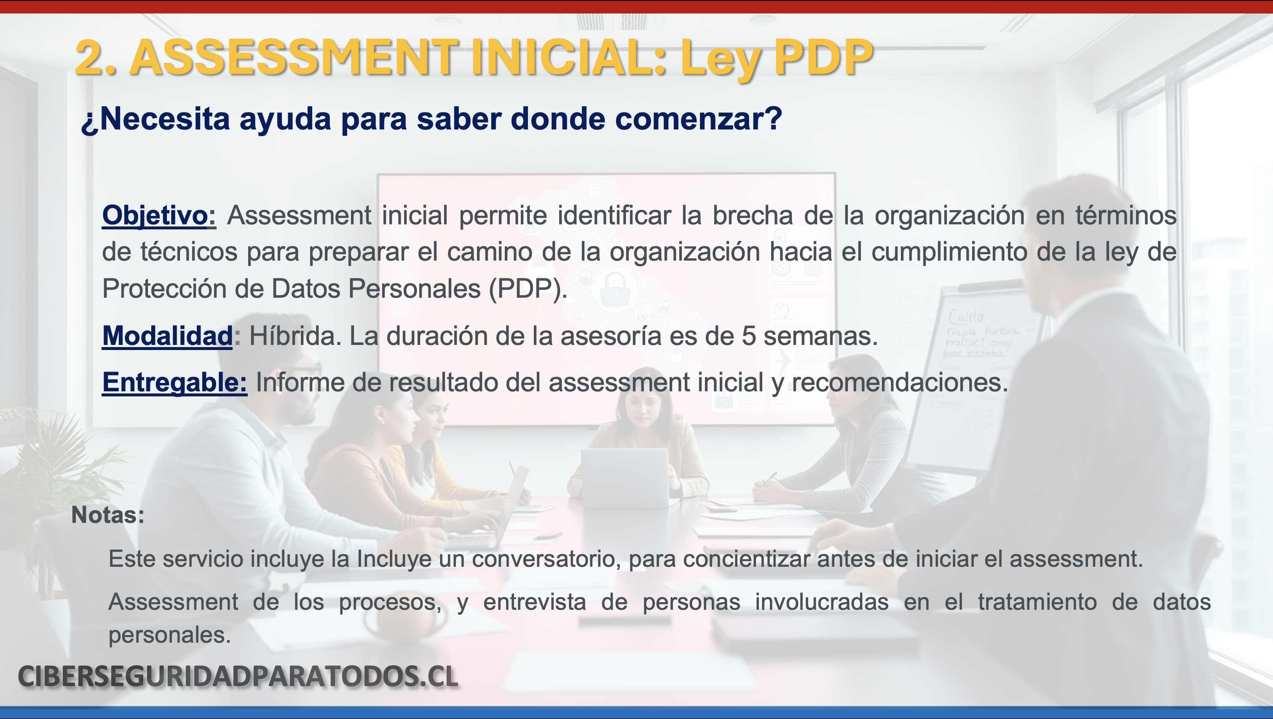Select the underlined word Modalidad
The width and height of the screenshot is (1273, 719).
coord(167,336)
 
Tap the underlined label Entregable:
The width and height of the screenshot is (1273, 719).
coord(174,383)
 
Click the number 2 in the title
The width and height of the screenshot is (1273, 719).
coord(91,58)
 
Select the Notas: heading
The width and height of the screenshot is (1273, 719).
coord(108,515)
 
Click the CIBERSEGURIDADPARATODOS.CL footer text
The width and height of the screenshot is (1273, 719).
coord(238,676)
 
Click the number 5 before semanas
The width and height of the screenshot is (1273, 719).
coord(749,336)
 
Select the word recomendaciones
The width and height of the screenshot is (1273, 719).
coord(899,383)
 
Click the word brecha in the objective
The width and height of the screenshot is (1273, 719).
coord(753,215)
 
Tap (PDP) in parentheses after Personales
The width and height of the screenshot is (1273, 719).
coord(527,289)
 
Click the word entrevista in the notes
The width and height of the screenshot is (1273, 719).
coord(535,602)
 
